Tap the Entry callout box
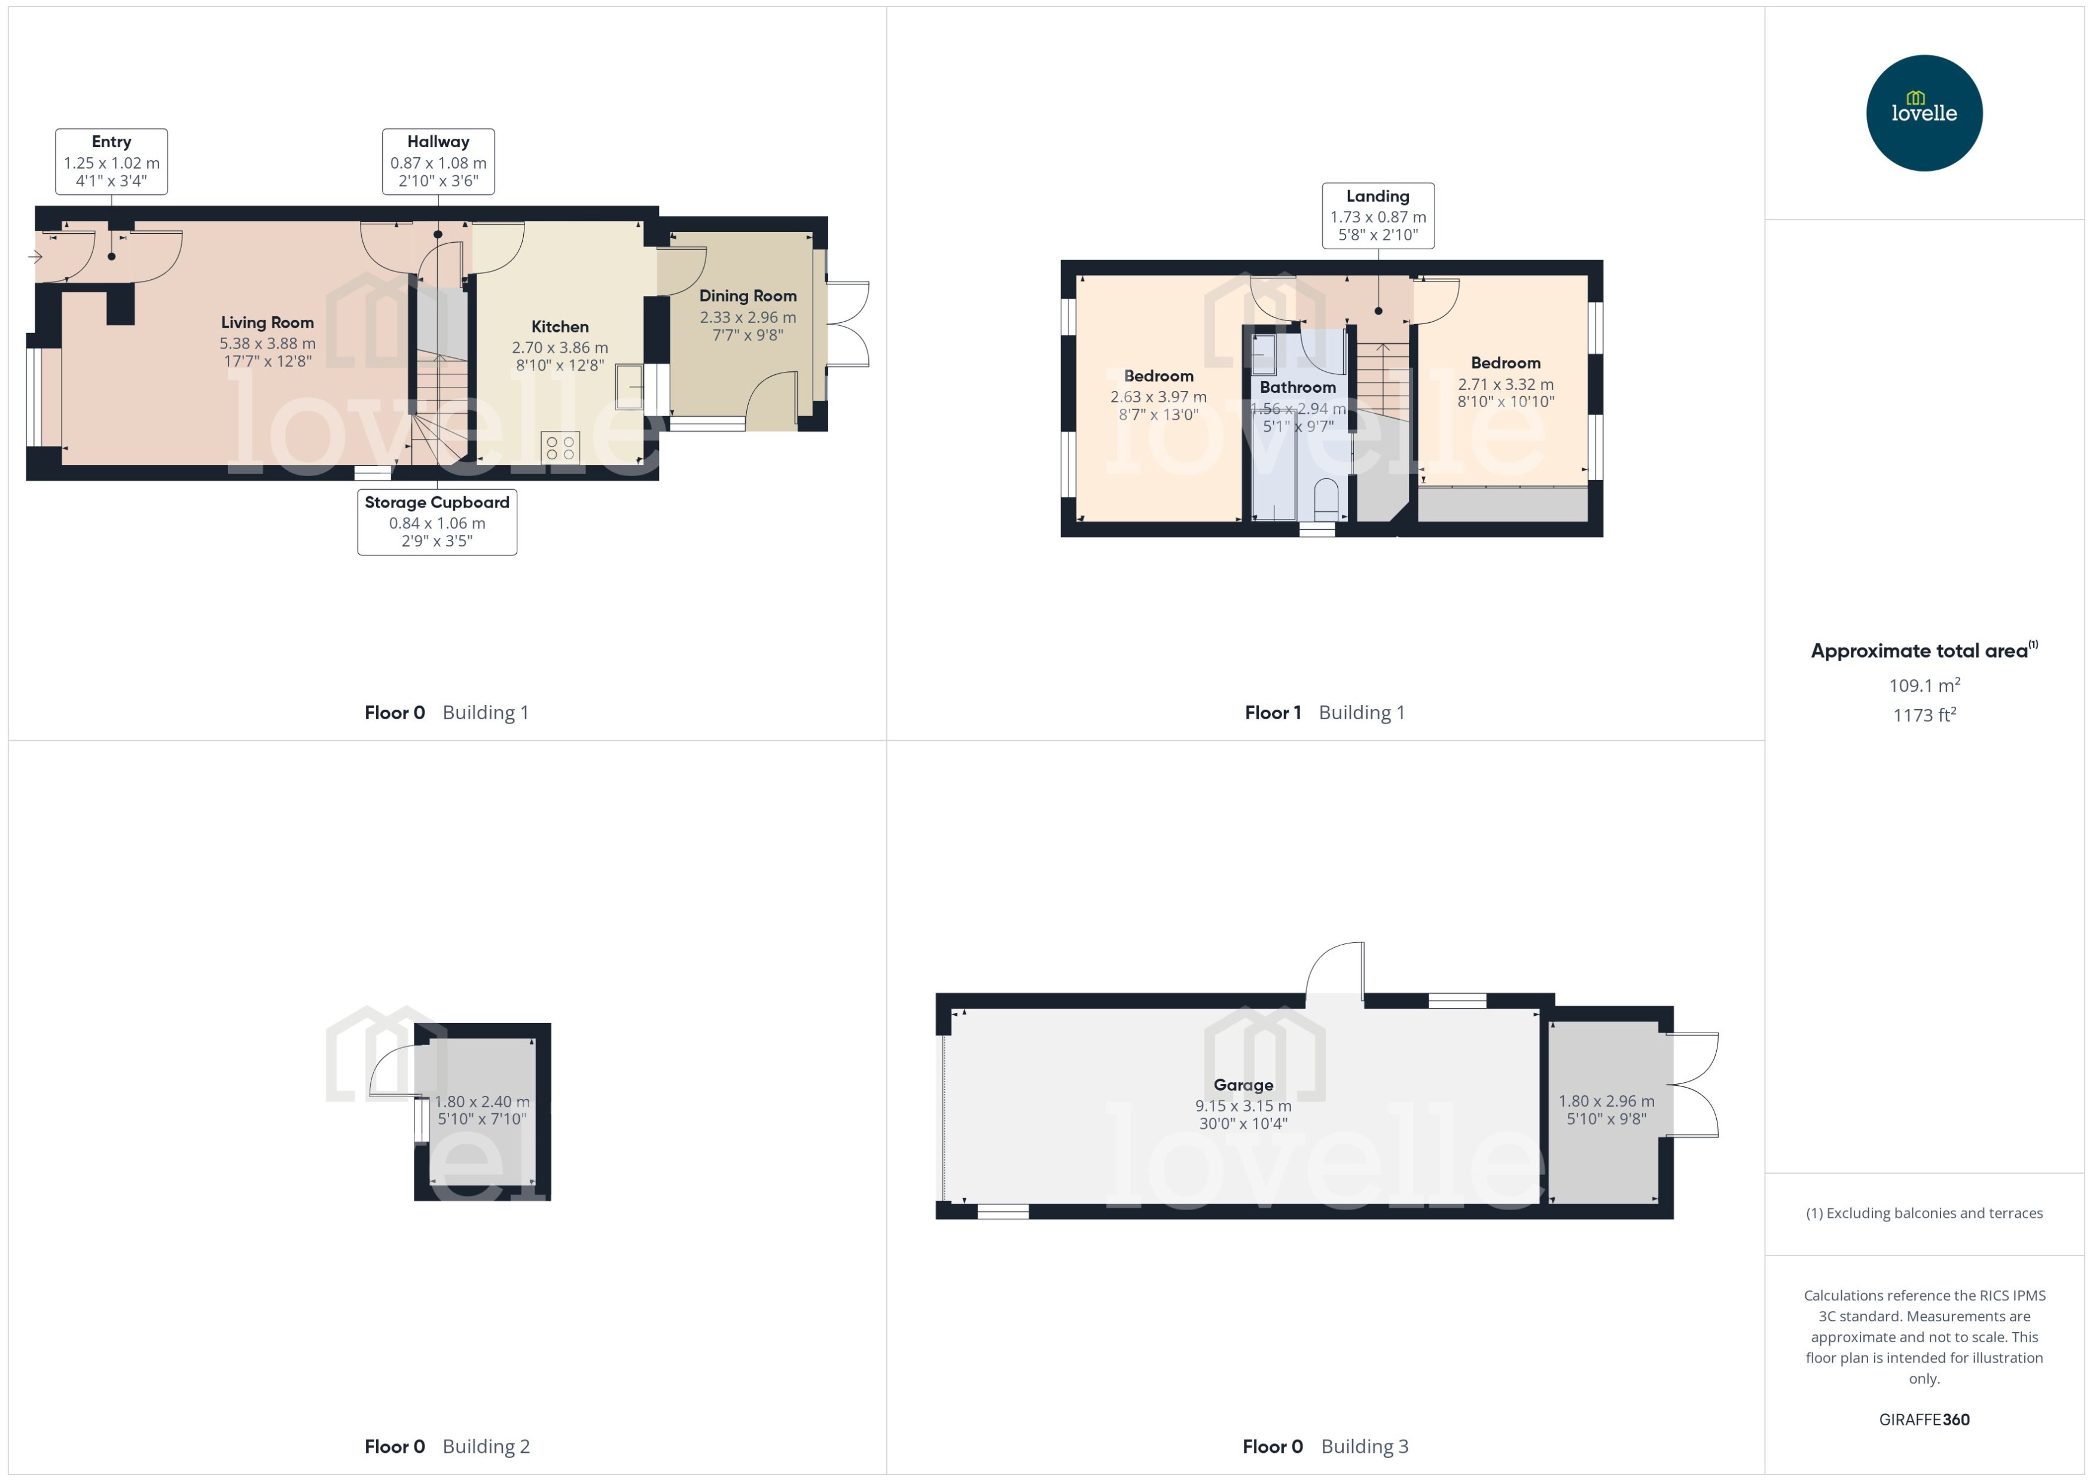pos(111,161)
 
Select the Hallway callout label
pos(438,161)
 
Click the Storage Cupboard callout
pos(437,521)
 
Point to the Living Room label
pos(267,323)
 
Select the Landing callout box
pos(1377,215)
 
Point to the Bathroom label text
pos(1297,387)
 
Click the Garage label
pos(1243,1085)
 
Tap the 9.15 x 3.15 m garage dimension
pos(1243,1106)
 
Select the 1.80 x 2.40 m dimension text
pos(481,1101)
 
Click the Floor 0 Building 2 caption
pos(447,1446)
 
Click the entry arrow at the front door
pos(35,257)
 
